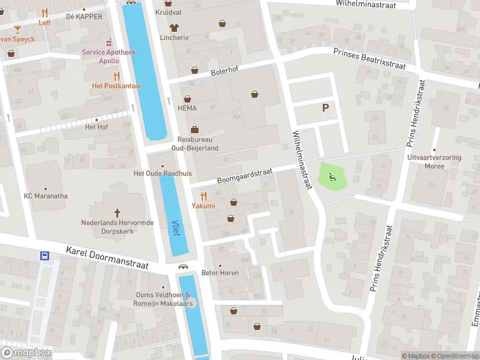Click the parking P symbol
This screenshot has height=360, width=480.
[326, 108]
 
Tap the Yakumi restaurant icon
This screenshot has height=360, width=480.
[203, 196]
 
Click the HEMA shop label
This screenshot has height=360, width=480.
[187, 108]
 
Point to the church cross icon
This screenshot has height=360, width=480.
[118, 212]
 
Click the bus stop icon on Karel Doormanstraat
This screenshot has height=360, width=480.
[45, 256]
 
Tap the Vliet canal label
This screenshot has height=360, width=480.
[175, 227]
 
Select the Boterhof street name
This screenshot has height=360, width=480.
[224, 71]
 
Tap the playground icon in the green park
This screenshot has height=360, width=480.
[332, 176]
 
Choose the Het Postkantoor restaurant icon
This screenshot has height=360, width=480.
[116, 76]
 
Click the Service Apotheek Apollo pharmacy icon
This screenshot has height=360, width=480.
[109, 42]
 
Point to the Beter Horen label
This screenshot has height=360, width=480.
[220, 272]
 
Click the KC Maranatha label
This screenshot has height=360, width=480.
[46, 196]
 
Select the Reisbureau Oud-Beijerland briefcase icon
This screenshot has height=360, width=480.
[194, 130]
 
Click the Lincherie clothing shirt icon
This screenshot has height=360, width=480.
[174, 27]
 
